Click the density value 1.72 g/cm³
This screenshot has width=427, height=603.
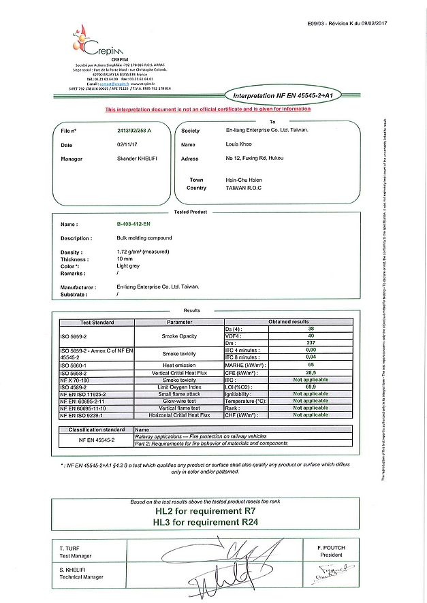click(x=142, y=252)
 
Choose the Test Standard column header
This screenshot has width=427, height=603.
click(x=97, y=322)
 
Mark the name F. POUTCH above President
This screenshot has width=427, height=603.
click(x=331, y=547)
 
